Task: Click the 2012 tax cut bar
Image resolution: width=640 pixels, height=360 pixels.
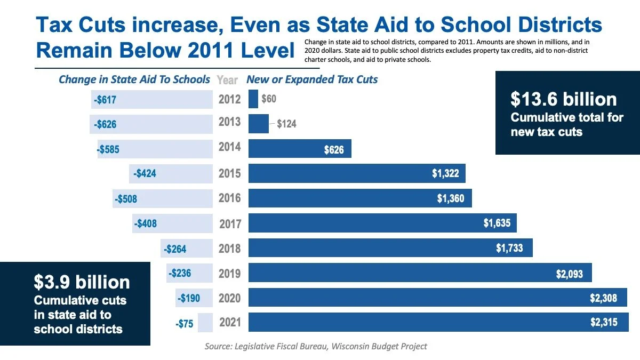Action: pos(253,99)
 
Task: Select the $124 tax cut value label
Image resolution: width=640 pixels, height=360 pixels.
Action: pos(286,124)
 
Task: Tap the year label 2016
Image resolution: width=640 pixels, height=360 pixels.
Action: pos(230,198)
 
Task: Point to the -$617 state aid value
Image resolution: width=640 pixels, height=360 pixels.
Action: pos(105,100)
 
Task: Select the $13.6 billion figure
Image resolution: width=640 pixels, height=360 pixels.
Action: pos(563,99)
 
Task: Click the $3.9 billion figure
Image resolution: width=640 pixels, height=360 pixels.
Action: pos(82,282)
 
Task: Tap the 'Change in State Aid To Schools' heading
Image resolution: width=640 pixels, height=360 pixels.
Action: pos(134,79)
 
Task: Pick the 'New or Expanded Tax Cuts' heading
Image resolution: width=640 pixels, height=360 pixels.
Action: pos(312,79)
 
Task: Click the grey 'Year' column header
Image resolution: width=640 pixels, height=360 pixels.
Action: pos(227,80)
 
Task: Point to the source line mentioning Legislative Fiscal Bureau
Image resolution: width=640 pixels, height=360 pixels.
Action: pos(316,346)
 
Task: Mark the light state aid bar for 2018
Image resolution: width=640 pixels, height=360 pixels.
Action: pos(187,249)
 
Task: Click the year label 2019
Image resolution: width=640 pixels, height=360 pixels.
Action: pos(230,274)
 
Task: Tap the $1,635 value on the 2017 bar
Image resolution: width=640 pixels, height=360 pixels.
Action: pos(497,223)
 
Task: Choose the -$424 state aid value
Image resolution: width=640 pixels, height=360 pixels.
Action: pos(143,173)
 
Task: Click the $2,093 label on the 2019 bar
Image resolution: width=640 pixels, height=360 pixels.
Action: pos(570,274)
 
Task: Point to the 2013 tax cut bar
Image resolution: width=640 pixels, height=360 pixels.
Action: pos(259,124)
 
